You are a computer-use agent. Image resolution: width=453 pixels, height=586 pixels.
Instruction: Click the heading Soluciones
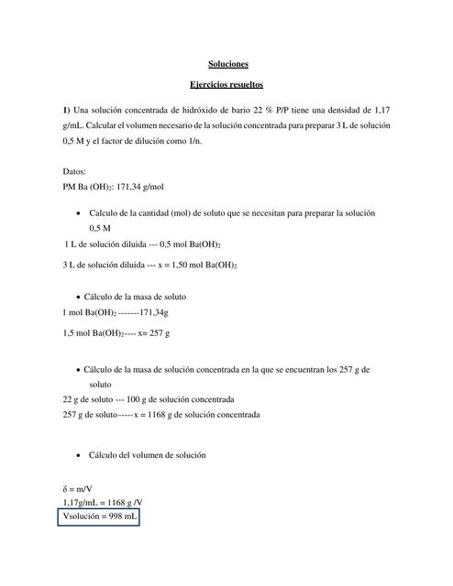tap(226, 64)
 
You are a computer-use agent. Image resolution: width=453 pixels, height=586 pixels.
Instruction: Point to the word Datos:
tap(74, 171)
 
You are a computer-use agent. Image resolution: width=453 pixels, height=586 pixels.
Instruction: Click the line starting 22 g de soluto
tap(148, 399)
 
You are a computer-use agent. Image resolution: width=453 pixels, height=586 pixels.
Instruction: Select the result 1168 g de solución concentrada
tap(202, 414)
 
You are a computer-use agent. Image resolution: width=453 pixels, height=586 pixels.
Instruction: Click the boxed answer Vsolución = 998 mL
tap(100, 517)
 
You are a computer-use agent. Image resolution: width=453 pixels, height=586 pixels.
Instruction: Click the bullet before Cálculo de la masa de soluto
tap(74, 298)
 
